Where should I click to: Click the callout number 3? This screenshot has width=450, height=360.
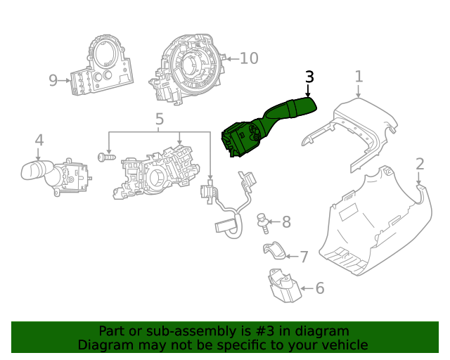click(309, 77)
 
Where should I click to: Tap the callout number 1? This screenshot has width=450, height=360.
click(359, 77)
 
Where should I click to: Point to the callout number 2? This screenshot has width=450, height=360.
click(420, 165)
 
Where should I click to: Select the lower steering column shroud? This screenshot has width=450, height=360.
click(373, 225)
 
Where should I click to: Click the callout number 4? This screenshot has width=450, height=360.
click(39, 140)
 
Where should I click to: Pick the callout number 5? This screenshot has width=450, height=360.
click(159, 119)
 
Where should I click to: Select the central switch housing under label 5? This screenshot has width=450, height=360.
click(155, 172)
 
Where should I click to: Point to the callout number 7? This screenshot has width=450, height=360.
click(304, 257)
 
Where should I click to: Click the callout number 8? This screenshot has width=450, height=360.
click(286, 223)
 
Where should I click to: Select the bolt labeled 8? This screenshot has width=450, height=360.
click(264, 222)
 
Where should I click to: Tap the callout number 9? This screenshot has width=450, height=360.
click(53, 81)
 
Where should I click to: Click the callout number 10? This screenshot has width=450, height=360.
click(249, 58)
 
